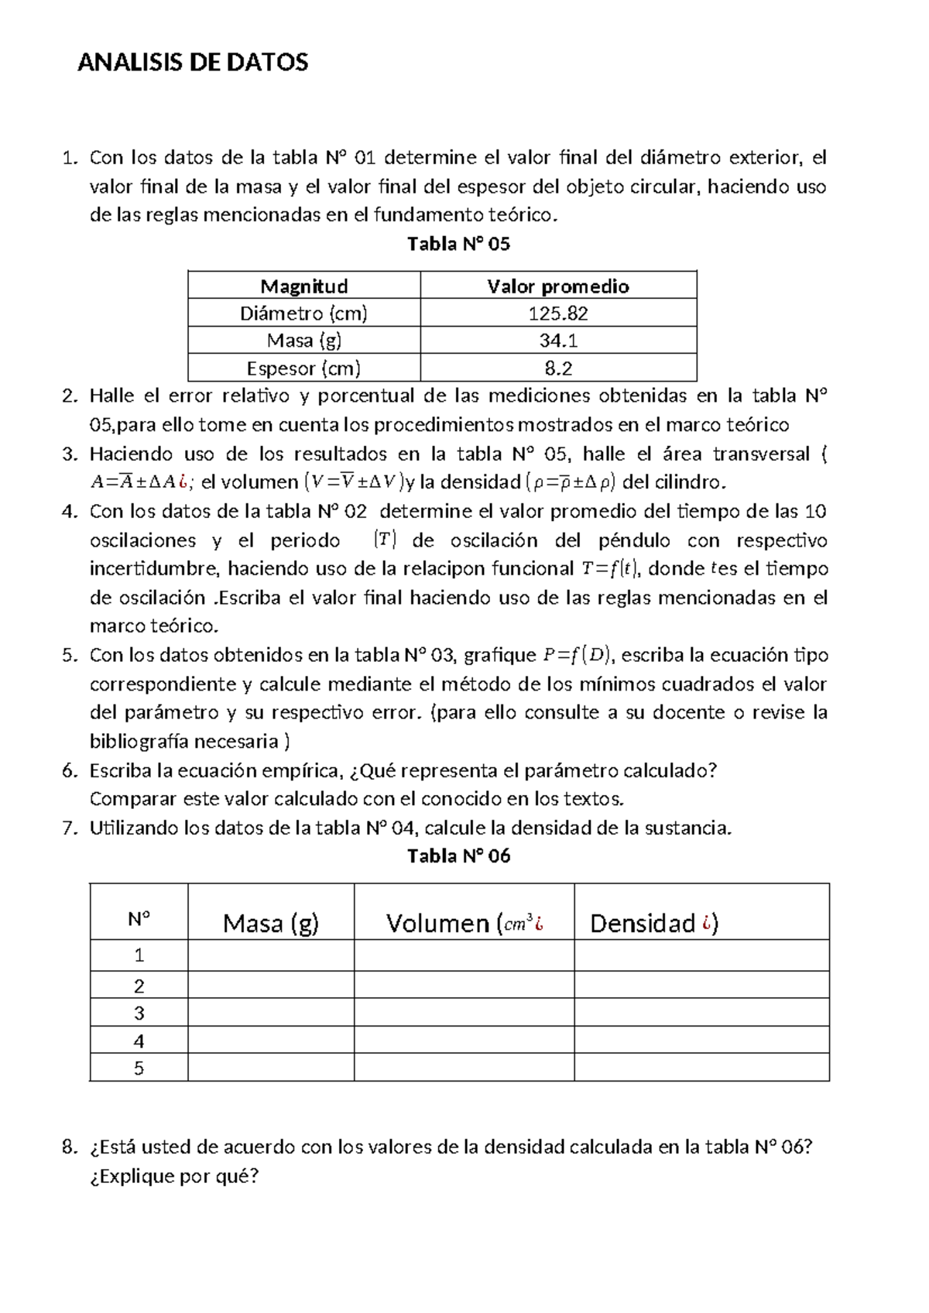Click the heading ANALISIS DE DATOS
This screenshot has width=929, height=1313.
[193, 63]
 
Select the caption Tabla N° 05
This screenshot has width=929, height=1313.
[458, 245]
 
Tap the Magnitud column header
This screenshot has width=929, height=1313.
[303, 286]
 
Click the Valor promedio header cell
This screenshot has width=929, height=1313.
[557, 286]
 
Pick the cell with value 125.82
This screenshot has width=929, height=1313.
[557, 314]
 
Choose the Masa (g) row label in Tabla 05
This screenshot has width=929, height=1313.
[303, 341]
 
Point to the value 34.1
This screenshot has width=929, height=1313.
[557, 341]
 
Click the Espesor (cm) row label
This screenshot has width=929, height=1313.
[303, 369]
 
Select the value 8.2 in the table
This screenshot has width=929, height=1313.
[557, 369]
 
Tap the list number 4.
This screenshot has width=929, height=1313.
[70, 512]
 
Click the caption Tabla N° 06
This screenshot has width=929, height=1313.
[458, 856]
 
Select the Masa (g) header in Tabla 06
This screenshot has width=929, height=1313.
[270, 923]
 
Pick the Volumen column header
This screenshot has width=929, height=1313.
[464, 923]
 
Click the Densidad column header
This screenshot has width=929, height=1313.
[654, 923]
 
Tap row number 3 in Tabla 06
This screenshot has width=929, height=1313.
[139, 1013]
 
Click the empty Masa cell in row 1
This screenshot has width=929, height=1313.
[270, 955]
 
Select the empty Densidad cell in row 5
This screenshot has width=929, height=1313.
[701, 1068]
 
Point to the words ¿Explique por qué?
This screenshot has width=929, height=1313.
[174, 1177]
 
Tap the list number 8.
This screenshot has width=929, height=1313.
[70, 1147]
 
